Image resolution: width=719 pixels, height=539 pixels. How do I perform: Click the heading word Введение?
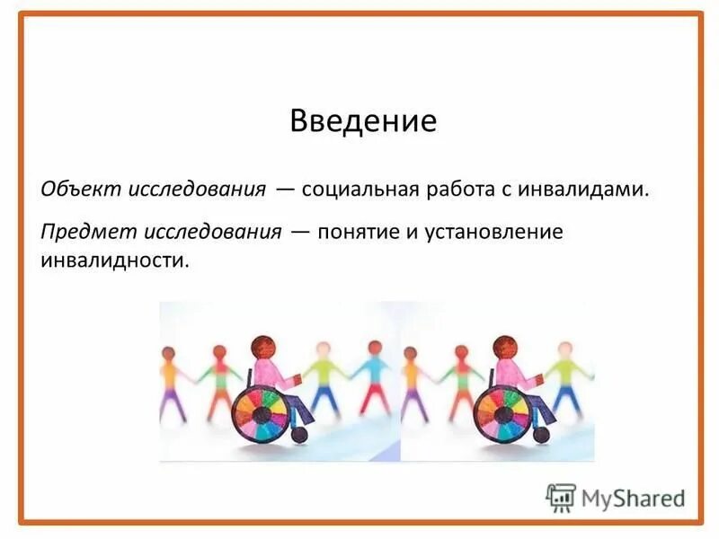[x=362, y=121]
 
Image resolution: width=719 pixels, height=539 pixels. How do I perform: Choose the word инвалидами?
[x=590, y=190]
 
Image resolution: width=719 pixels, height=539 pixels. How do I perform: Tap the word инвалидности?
[x=116, y=261]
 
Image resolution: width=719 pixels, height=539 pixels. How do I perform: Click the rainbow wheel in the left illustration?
[x=262, y=413]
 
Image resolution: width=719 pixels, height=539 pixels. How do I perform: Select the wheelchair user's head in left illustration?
[x=263, y=347]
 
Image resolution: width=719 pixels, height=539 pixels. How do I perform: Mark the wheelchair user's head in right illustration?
[x=504, y=347]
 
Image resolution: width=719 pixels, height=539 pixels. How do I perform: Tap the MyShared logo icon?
[x=561, y=497]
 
